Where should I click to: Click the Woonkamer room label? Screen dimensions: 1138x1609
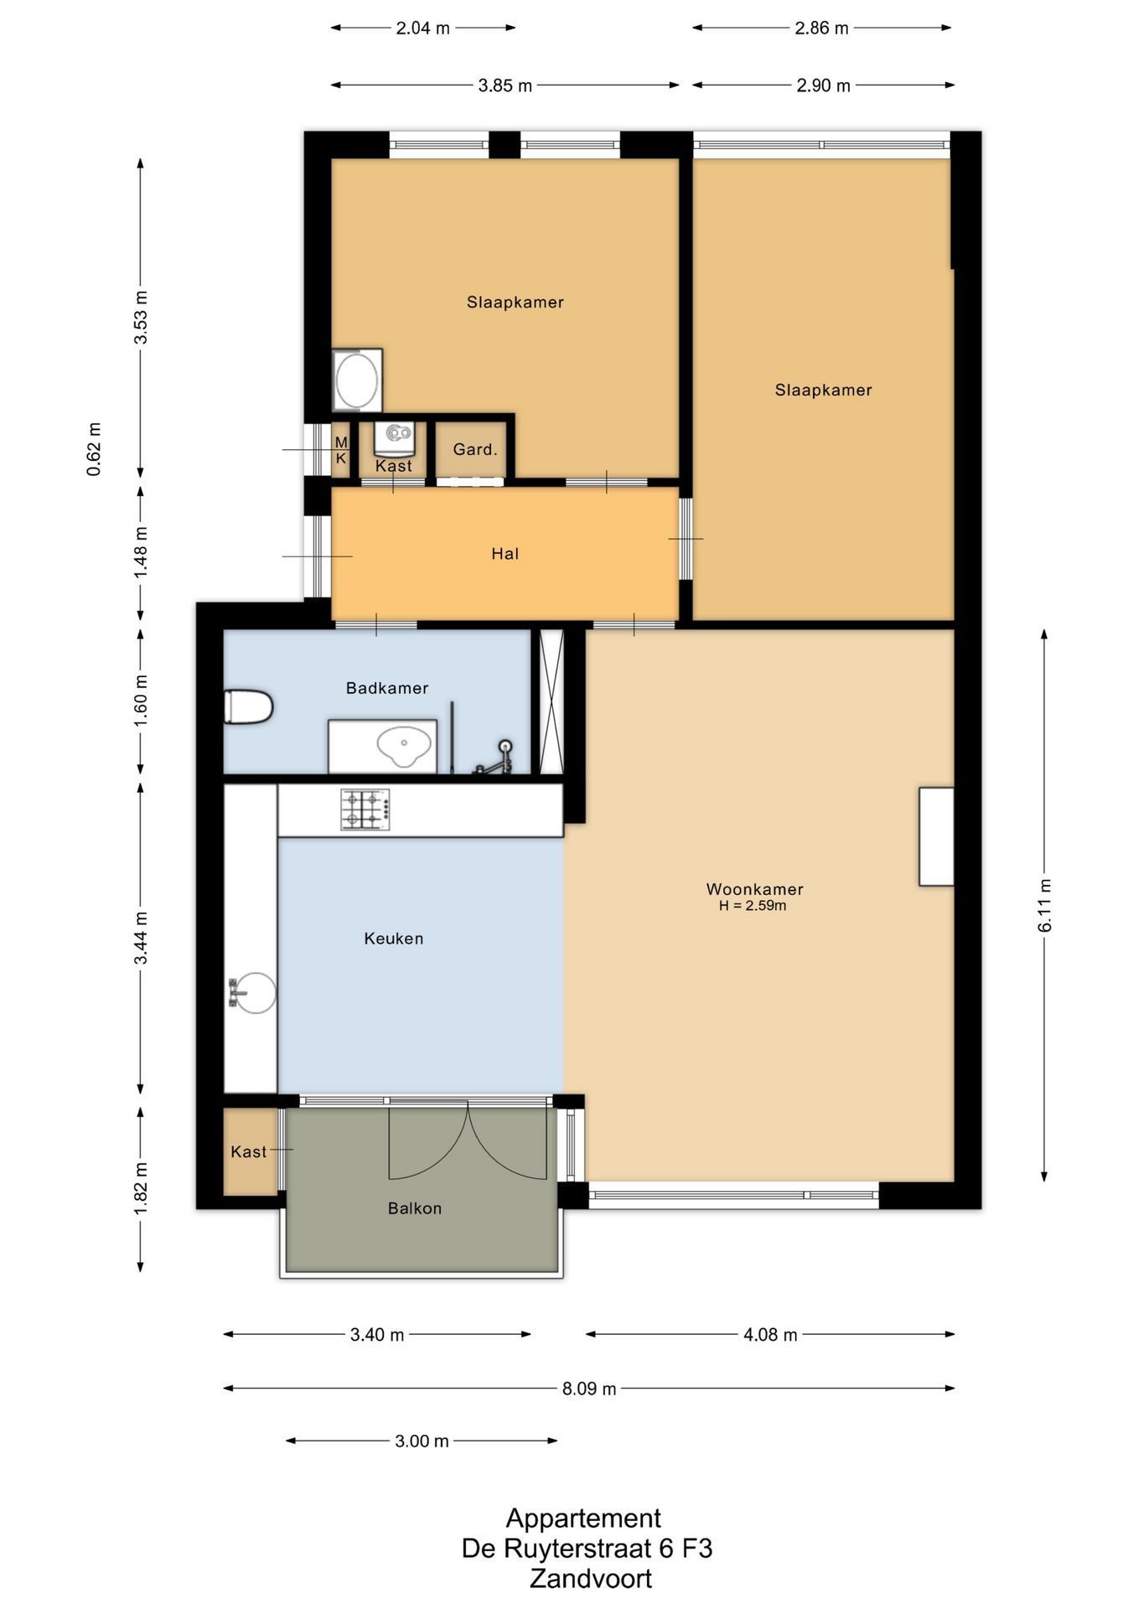point(754,889)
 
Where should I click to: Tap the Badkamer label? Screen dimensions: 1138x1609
point(387,688)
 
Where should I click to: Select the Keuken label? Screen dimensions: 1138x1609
point(393,939)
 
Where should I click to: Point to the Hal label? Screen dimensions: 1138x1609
point(505,554)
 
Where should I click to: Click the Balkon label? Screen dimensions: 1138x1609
point(414,1208)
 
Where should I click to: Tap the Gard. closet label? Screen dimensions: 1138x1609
point(475,450)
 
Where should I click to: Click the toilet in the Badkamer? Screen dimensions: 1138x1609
point(249,706)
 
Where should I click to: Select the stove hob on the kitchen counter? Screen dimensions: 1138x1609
point(365,810)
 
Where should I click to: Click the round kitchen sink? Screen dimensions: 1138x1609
point(253,993)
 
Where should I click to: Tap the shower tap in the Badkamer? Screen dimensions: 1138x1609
point(497,757)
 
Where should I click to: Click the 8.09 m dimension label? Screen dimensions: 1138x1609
point(589,1389)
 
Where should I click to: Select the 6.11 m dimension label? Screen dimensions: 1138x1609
point(1044,905)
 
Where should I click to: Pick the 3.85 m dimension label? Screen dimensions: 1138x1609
point(505,85)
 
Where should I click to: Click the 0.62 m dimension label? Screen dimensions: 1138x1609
point(94,449)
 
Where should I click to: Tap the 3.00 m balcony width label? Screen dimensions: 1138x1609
point(422,1441)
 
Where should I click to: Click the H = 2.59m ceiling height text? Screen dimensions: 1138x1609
point(753,906)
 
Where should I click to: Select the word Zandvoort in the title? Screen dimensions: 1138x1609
point(591,1579)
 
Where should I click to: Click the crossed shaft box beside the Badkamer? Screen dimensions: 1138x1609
point(551,701)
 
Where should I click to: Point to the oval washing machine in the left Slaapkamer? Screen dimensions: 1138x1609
point(357,380)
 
